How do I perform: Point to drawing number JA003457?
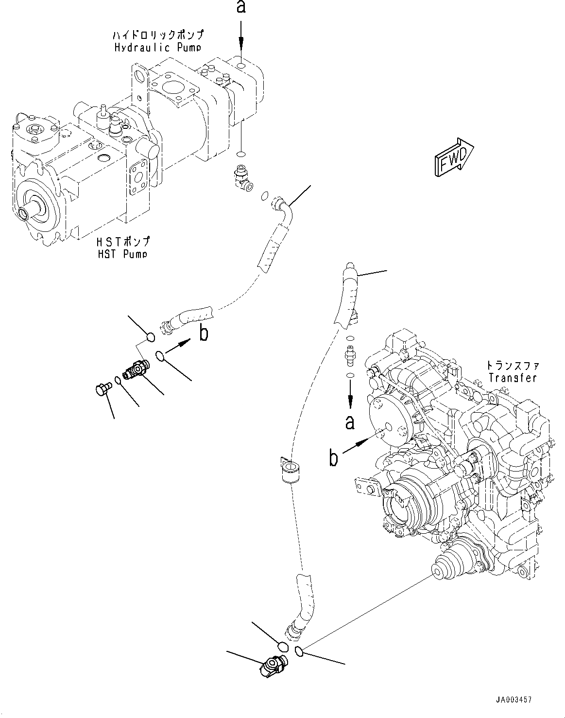[x=514, y=700]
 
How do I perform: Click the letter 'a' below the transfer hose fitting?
[x=350, y=422]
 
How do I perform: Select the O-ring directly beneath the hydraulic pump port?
[x=240, y=155]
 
